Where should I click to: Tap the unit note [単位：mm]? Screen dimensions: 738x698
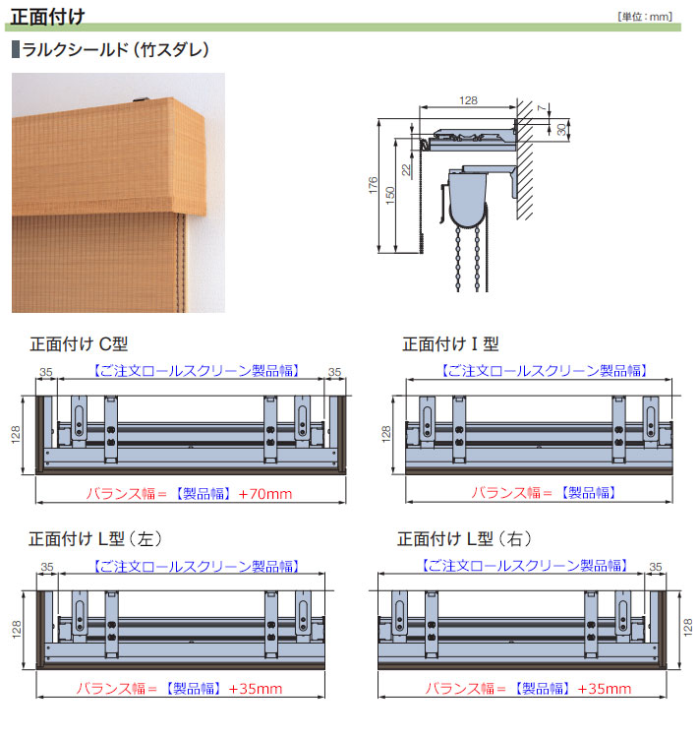(x=645, y=17)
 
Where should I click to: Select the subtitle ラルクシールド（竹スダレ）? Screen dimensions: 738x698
(x=114, y=49)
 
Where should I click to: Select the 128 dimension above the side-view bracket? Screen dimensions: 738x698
(x=469, y=100)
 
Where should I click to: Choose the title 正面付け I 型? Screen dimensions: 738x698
(x=450, y=344)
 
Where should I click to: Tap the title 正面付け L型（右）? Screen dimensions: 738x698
(x=464, y=539)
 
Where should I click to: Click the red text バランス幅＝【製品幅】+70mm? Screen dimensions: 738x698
(x=190, y=492)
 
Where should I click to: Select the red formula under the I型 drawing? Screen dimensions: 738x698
(x=538, y=492)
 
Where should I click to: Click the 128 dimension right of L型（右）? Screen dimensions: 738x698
(x=686, y=627)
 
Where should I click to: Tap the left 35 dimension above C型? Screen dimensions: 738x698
(x=45, y=372)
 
